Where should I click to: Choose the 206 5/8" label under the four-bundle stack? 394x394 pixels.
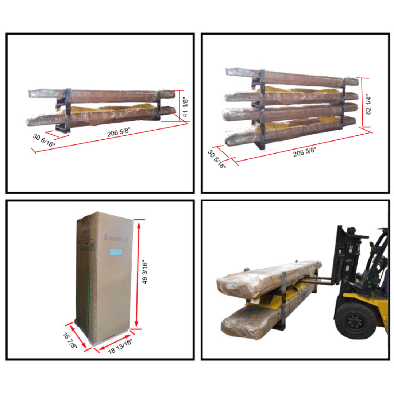[305, 152]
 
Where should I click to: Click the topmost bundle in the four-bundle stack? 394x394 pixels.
[292, 77]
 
